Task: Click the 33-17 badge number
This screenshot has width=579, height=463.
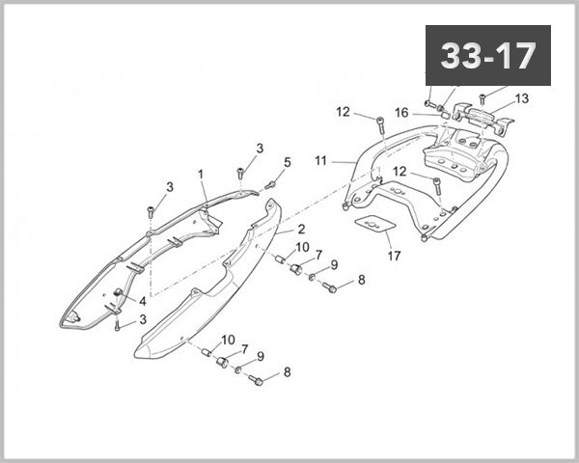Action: click(x=487, y=56)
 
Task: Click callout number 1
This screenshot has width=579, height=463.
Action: click(x=201, y=175)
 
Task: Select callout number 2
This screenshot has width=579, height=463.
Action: click(x=302, y=230)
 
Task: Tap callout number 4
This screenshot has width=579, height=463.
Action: click(x=143, y=301)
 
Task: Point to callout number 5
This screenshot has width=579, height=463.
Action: click(x=287, y=162)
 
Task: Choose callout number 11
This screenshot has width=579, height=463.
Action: click(x=321, y=160)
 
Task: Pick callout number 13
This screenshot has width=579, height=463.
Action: click(x=522, y=98)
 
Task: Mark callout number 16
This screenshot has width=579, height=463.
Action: click(x=401, y=112)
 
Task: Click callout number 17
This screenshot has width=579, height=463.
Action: click(x=393, y=256)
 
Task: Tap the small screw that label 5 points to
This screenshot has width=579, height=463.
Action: click(x=271, y=183)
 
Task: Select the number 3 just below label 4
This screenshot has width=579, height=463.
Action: click(x=143, y=319)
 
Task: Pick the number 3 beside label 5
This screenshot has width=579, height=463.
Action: click(x=259, y=149)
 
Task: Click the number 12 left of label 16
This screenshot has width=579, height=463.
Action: click(x=343, y=112)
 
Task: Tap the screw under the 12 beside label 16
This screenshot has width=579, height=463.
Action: click(x=379, y=125)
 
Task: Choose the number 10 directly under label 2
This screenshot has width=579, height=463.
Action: click(x=302, y=248)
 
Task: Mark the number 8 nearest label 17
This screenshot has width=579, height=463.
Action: click(x=361, y=281)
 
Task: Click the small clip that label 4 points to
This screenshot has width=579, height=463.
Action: click(x=119, y=292)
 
